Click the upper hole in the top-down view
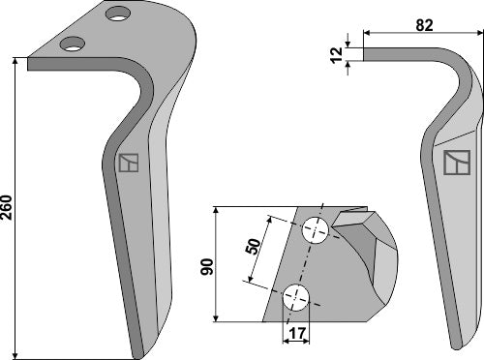pos(316,230)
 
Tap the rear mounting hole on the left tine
pos(119,14)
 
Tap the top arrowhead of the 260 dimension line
pos(16,61)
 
